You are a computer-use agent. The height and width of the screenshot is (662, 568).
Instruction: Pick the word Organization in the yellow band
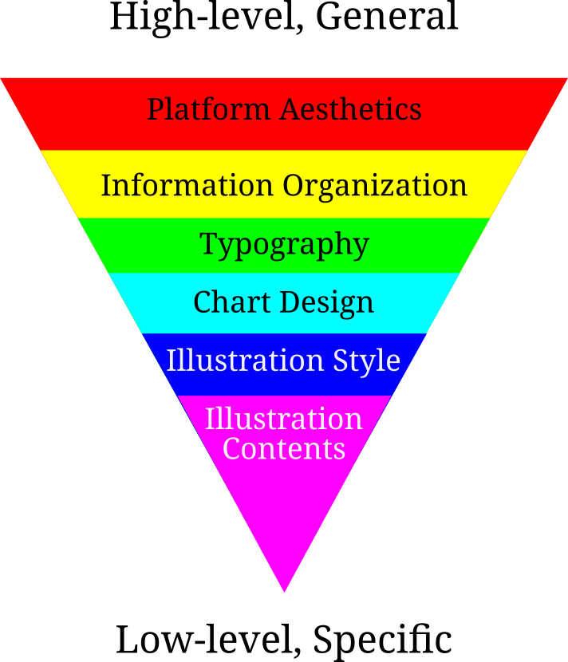[x=375, y=185]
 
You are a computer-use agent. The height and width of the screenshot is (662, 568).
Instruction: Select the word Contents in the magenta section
[x=284, y=448]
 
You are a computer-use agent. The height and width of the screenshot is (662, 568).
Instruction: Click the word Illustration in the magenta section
[x=284, y=419]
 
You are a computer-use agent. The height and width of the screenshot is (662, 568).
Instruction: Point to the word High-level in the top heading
[x=207, y=17]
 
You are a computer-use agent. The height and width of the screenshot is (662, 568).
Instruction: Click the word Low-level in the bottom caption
[x=209, y=639]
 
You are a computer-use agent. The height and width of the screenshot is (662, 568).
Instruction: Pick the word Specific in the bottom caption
[x=382, y=640]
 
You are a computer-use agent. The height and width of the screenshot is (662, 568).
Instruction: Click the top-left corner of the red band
[x=2, y=79]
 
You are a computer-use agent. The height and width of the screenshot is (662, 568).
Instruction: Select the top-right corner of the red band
[x=566, y=79]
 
